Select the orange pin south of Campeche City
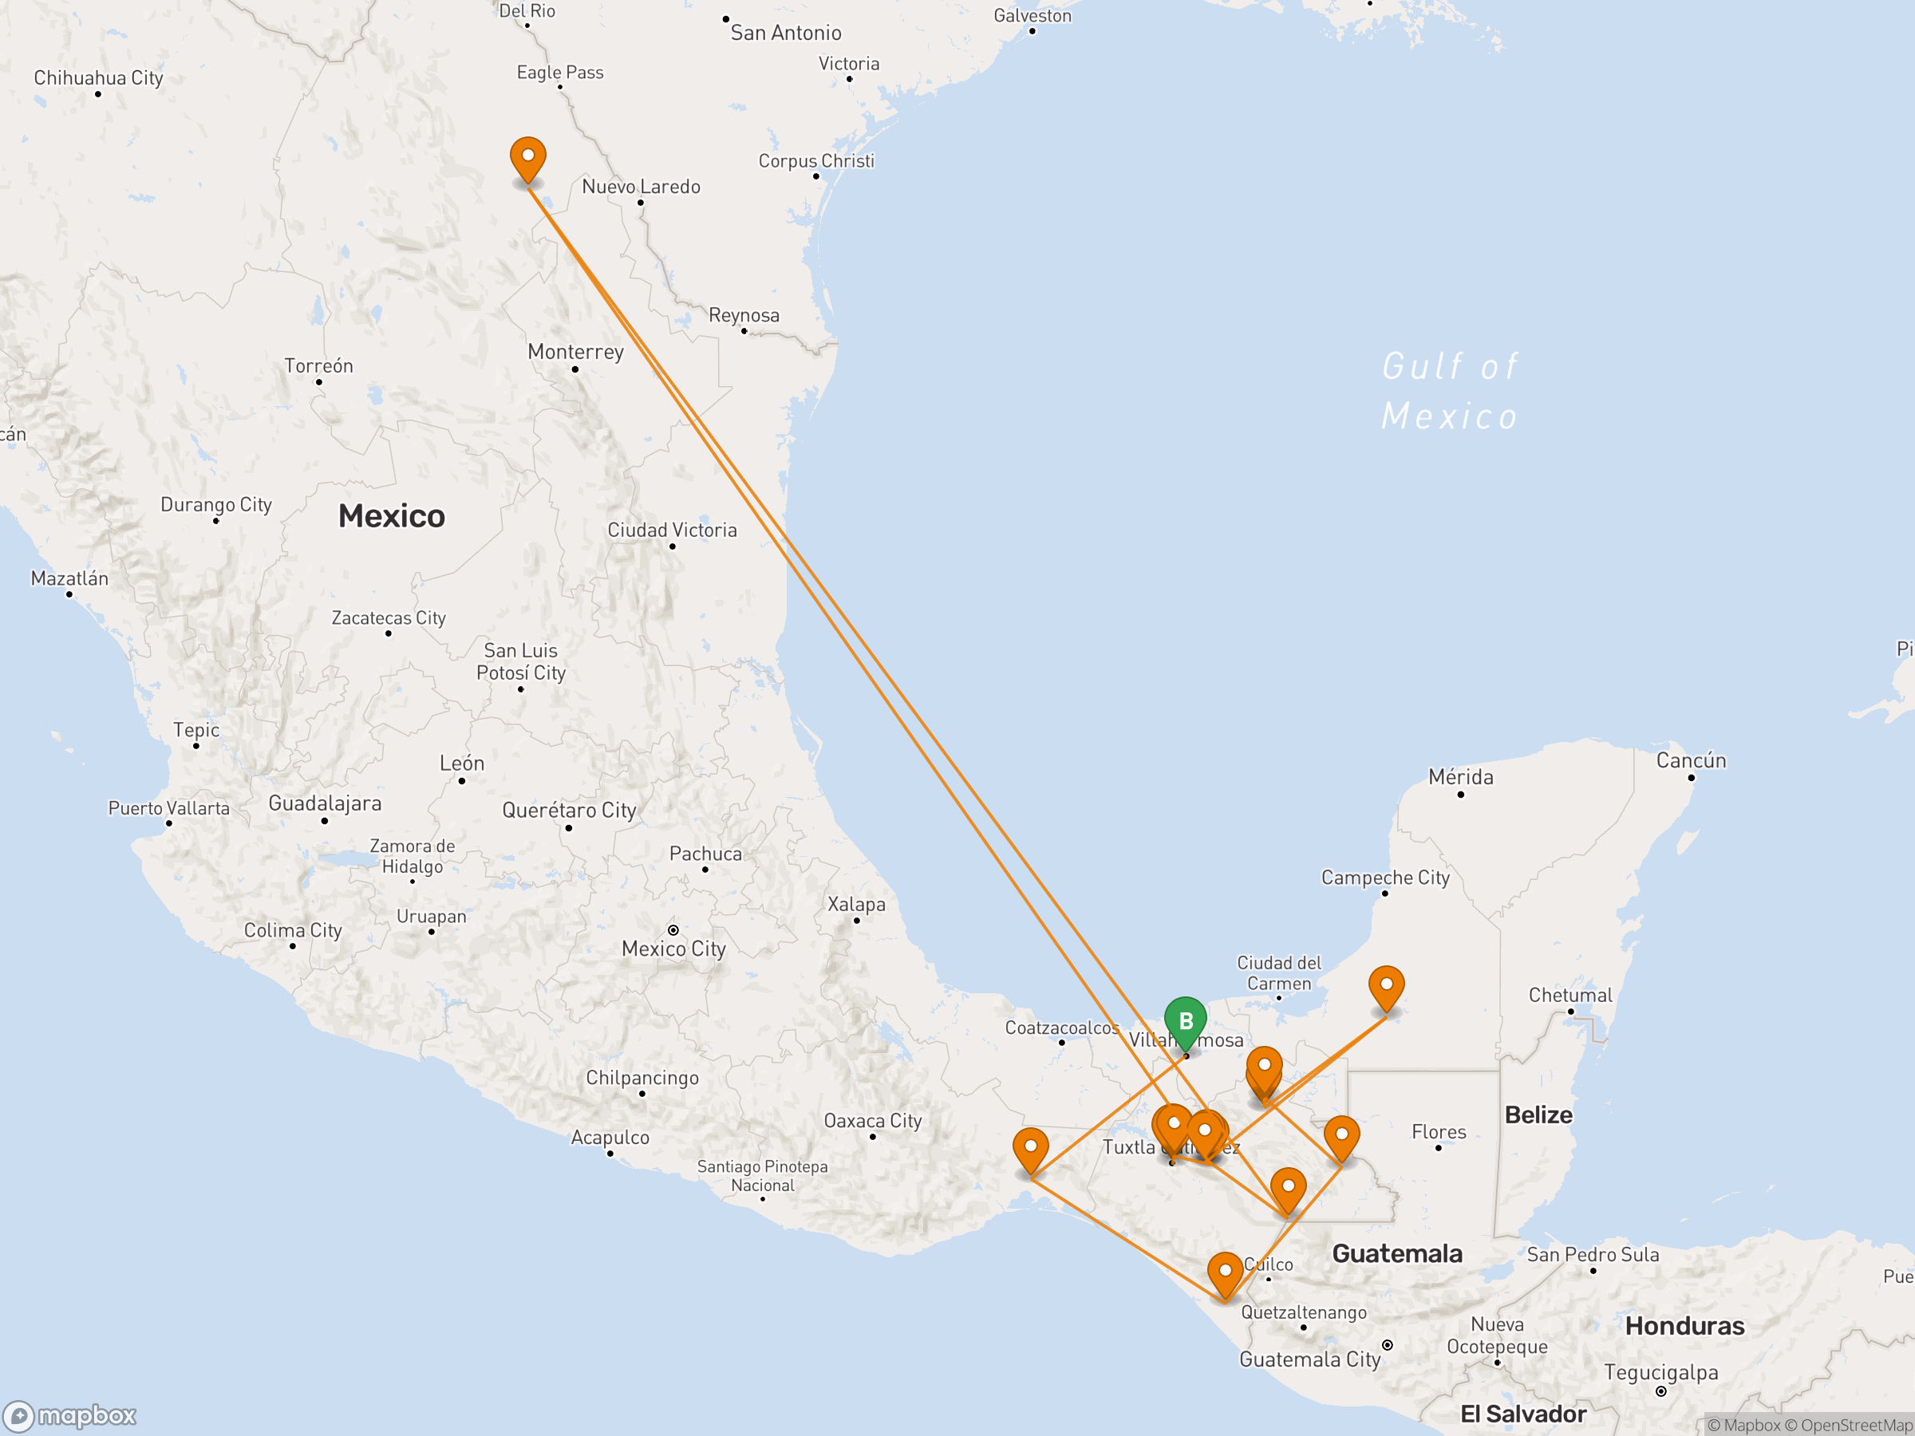pyautogui.click(x=1386, y=987)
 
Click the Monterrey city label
pyautogui.click(x=576, y=353)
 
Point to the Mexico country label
pyautogui.click(x=391, y=516)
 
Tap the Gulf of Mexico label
pyautogui.click(x=1449, y=391)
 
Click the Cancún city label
pyautogui.click(x=1691, y=761)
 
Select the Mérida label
pyautogui.click(x=1460, y=777)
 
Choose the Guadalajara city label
pyautogui.click(x=325, y=803)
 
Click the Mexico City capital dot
pyautogui.click(x=673, y=930)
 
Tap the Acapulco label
pyautogui.click(x=610, y=1138)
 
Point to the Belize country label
pyautogui.click(x=1538, y=1114)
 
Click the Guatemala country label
pyautogui.click(x=1396, y=1253)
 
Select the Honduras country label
pyautogui.click(x=1684, y=1326)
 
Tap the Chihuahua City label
pyautogui.click(x=99, y=78)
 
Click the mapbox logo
pyautogui.click(x=69, y=1415)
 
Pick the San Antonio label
pyautogui.click(x=785, y=33)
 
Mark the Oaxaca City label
pyautogui.click(x=873, y=1121)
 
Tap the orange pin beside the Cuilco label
pyautogui.click(x=1225, y=1273)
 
